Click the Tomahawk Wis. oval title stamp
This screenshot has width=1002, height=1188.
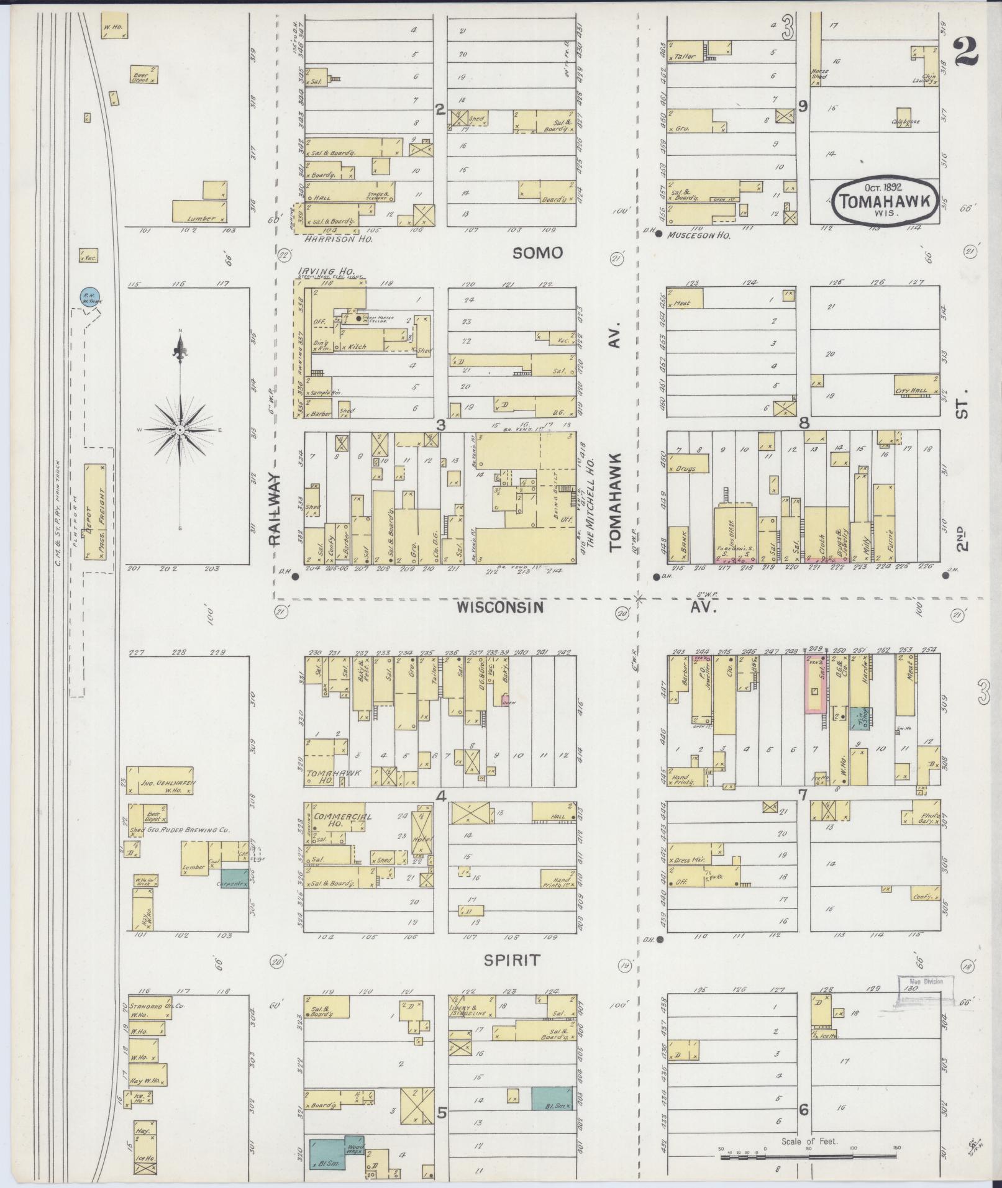(x=885, y=201)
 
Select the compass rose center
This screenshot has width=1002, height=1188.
(x=180, y=430)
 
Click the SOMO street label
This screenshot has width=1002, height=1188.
(x=538, y=253)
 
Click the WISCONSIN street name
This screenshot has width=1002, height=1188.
(x=500, y=607)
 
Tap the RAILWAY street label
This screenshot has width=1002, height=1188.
(x=276, y=510)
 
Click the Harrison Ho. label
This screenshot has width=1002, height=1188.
(x=334, y=238)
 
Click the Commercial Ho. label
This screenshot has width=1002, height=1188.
(x=342, y=817)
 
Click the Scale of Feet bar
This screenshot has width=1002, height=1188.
(x=809, y=1156)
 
